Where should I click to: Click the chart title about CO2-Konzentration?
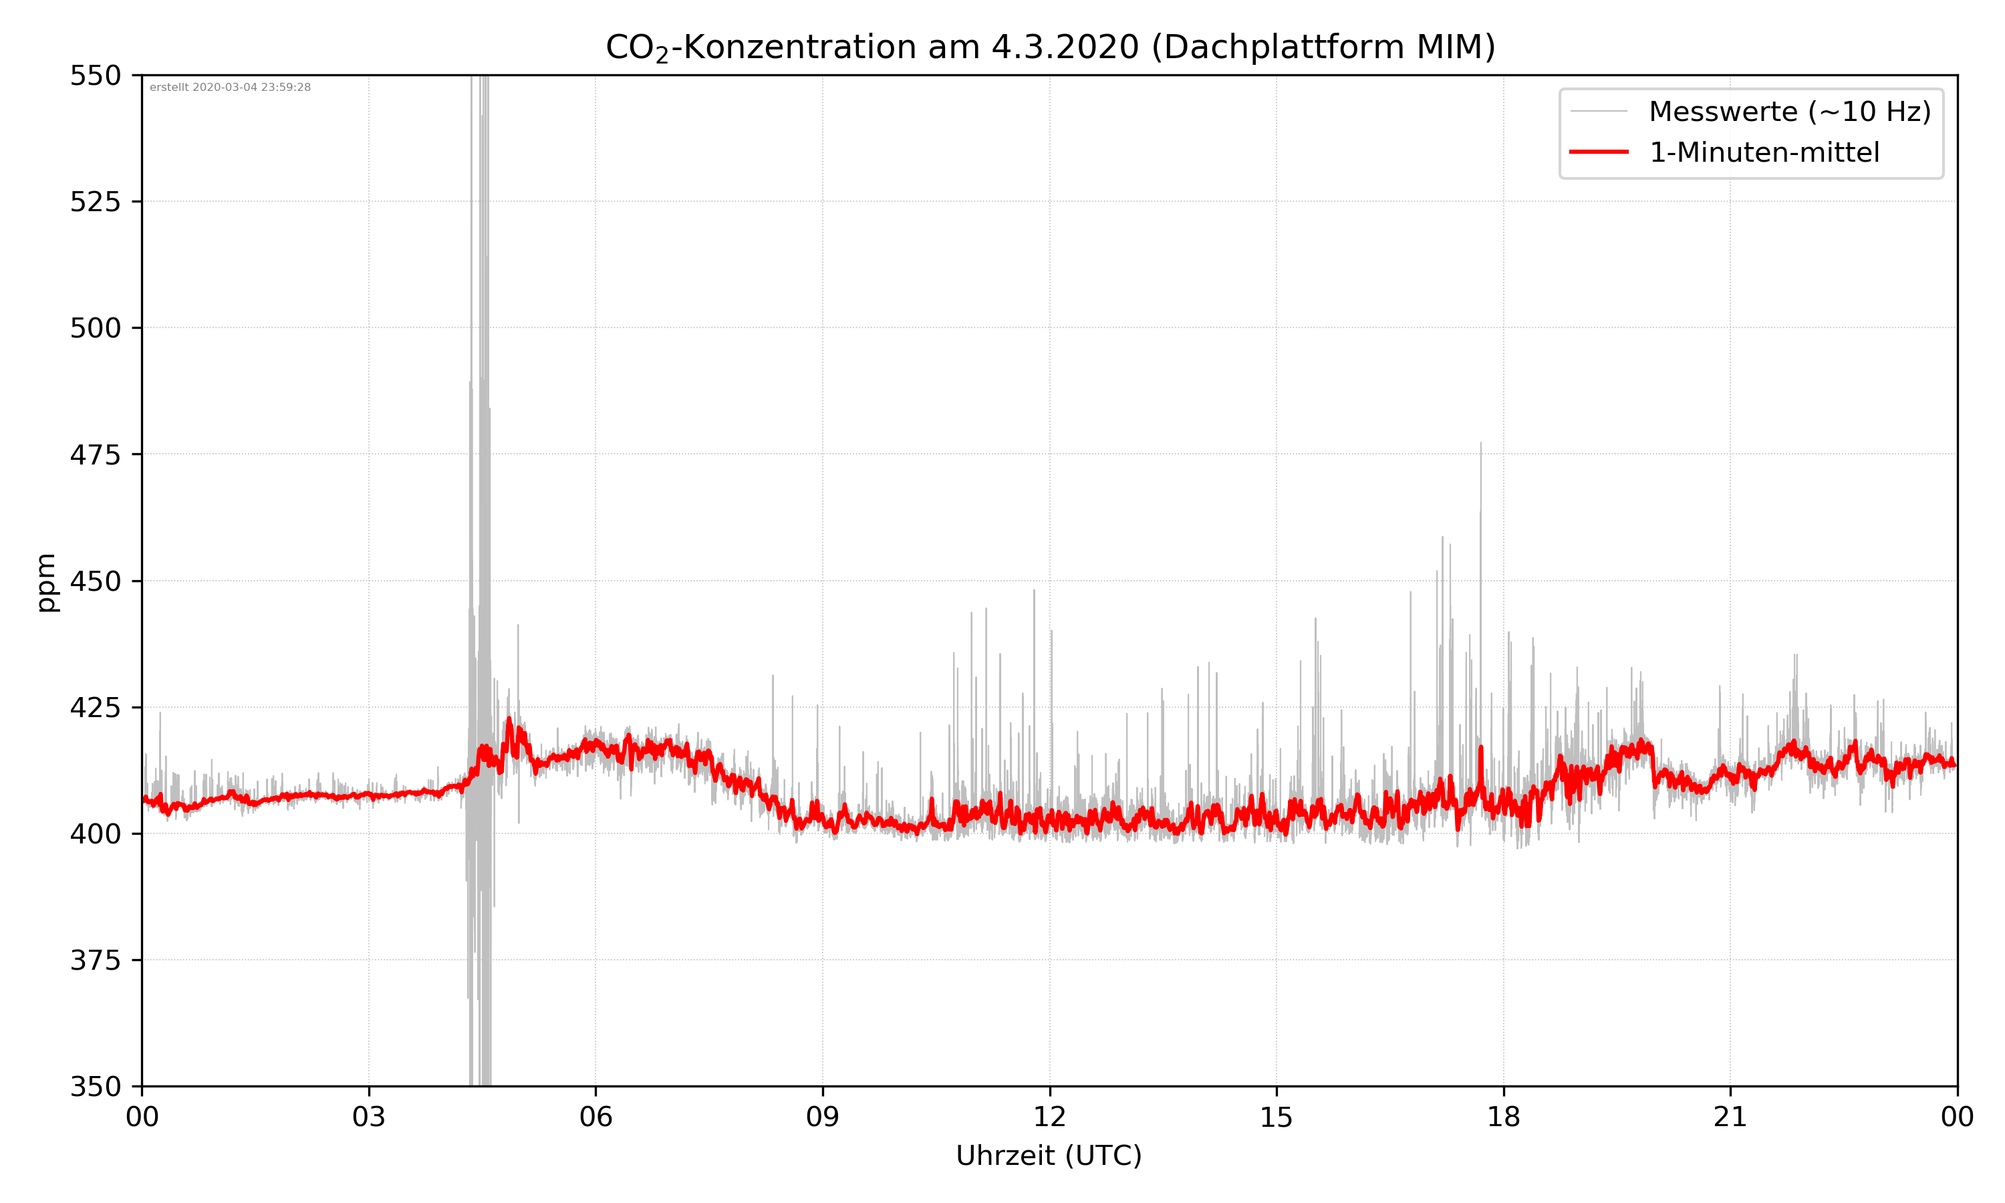click(x=1049, y=47)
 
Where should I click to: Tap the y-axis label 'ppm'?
click(x=46, y=582)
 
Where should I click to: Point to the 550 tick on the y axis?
click(x=95, y=76)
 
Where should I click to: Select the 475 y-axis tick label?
click(x=95, y=454)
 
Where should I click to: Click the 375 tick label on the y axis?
click(x=95, y=960)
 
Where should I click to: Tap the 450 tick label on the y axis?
click(x=95, y=581)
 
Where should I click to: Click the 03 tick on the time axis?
click(x=369, y=1117)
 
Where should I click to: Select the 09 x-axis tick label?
click(x=823, y=1117)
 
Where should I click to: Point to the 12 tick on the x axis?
click(x=1049, y=1117)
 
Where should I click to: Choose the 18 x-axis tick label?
click(x=1503, y=1117)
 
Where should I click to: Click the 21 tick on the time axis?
click(x=1730, y=1117)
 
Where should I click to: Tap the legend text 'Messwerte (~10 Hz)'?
click(x=1789, y=112)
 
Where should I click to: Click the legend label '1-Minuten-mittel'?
click(x=1764, y=152)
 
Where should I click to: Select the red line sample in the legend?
click(x=1598, y=152)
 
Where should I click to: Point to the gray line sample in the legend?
click(x=1598, y=111)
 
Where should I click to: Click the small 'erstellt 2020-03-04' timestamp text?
click(x=230, y=88)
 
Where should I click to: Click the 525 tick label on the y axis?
click(x=95, y=202)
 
